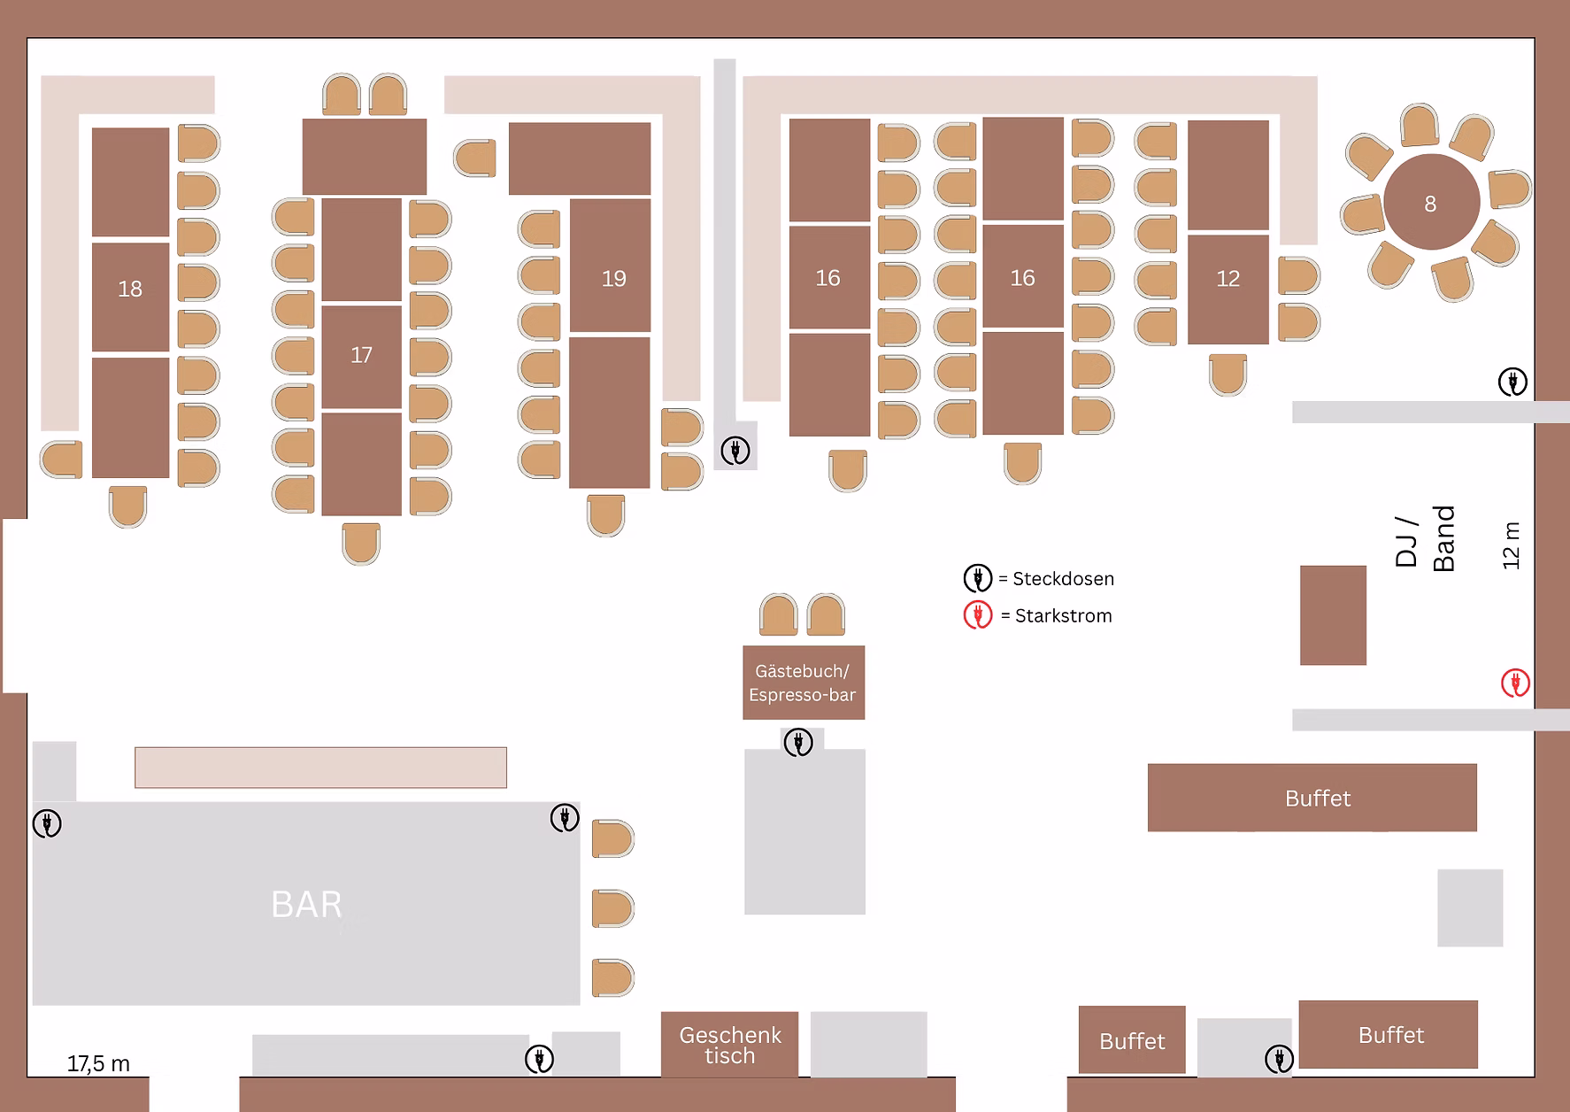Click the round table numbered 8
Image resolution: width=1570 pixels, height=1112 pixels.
coord(1431,203)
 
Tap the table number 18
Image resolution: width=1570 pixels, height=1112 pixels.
coord(130,289)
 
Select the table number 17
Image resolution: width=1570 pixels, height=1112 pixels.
coord(361,355)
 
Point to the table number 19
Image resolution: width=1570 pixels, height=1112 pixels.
coord(613,279)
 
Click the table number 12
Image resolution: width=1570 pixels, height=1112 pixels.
coord(1228,279)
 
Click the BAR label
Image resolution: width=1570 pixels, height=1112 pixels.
coord(306,905)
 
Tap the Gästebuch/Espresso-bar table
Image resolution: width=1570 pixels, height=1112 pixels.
coord(804,683)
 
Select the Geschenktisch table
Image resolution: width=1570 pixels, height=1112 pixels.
coord(729,1045)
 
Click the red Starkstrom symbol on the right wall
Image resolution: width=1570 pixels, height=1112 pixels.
coord(1515,683)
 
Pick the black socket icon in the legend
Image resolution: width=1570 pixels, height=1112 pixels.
coord(978,578)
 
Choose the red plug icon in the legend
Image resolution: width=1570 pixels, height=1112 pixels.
coord(978,614)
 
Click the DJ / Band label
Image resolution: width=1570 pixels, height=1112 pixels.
coord(1424,539)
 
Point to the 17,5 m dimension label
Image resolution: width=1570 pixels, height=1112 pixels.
coord(98,1063)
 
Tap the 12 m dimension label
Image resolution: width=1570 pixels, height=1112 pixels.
coord(1511,544)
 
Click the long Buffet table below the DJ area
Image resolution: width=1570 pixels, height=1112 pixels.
coord(1312,798)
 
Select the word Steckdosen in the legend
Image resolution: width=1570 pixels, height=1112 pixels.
coord(1063,579)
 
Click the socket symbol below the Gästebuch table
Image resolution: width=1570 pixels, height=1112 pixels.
coord(798,742)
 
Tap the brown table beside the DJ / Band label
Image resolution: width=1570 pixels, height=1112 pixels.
coord(1333,615)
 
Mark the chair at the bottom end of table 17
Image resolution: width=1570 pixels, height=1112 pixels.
coord(361,544)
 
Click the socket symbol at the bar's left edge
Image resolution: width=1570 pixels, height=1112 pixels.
coord(47,823)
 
